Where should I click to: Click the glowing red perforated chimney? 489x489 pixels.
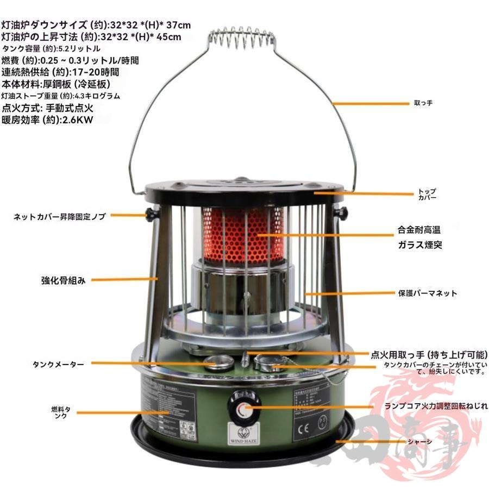(244, 234)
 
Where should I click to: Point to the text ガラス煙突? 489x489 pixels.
(419, 244)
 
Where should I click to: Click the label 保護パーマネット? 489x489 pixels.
(428, 293)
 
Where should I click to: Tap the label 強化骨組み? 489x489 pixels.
(64, 281)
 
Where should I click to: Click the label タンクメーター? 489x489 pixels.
(58, 363)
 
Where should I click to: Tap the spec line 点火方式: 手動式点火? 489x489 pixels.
(48, 108)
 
